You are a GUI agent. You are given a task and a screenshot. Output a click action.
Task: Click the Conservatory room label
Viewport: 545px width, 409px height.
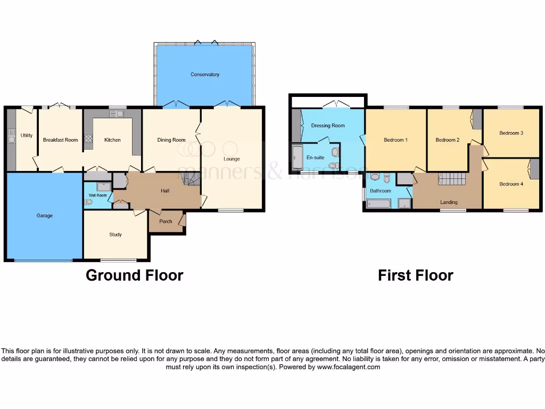205,75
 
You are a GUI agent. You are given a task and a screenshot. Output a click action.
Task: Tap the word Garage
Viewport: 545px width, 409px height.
44,216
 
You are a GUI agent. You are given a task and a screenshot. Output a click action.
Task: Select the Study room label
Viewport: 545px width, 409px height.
115,234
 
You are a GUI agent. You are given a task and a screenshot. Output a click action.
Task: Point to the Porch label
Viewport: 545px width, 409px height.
166,222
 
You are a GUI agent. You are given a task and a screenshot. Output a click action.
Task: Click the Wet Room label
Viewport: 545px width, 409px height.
97,195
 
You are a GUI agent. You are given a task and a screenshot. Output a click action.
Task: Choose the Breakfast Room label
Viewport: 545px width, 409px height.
60,140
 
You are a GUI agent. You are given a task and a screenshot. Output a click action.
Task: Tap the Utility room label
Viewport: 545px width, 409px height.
27,135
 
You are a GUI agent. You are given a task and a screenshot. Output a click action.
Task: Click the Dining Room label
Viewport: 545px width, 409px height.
171,140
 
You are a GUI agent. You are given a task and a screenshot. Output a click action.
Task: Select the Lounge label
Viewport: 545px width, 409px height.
232,159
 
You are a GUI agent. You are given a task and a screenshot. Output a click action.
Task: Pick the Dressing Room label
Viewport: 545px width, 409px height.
328,126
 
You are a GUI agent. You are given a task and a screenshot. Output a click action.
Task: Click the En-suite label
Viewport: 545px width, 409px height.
315,158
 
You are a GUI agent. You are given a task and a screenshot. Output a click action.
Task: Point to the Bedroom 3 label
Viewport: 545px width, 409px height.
511,133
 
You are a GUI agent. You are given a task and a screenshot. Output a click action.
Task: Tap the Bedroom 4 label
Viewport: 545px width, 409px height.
511,184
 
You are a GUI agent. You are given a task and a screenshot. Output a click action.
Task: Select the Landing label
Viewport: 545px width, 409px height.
449,202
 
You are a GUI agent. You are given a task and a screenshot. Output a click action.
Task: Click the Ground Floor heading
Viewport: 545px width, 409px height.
134,275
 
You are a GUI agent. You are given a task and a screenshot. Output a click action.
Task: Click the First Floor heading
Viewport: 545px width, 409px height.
415,275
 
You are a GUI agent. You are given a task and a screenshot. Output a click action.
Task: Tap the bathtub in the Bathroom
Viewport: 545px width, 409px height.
378,203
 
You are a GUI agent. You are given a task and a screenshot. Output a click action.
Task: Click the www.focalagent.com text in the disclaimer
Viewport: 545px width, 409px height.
349,367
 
